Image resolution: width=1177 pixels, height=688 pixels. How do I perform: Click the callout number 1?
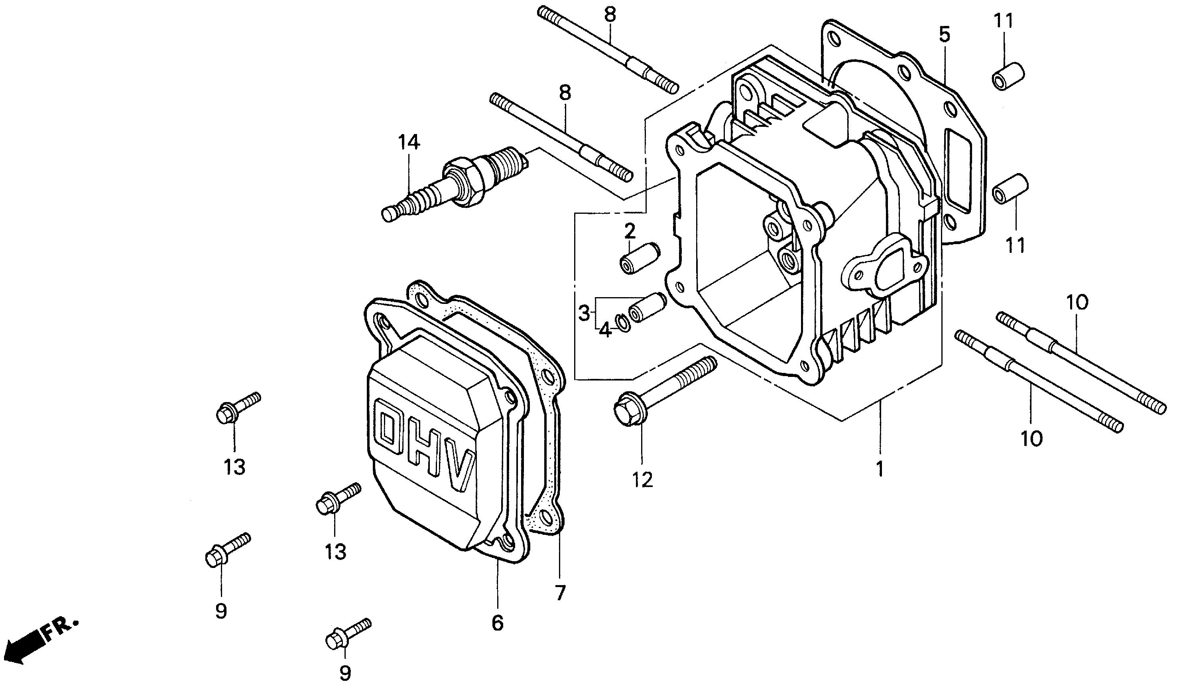(x=880, y=469)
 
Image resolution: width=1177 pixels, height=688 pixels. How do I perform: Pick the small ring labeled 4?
(x=623, y=323)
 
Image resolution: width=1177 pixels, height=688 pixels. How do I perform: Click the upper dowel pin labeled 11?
(x=1008, y=76)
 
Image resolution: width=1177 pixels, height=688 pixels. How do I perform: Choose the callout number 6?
(x=498, y=623)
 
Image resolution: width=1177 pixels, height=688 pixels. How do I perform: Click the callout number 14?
(x=409, y=142)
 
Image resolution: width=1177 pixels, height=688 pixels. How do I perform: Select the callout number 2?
(x=630, y=231)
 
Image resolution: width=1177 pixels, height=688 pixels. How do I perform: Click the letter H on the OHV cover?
(x=425, y=451)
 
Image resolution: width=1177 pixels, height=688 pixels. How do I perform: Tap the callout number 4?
(x=605, y=330)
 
